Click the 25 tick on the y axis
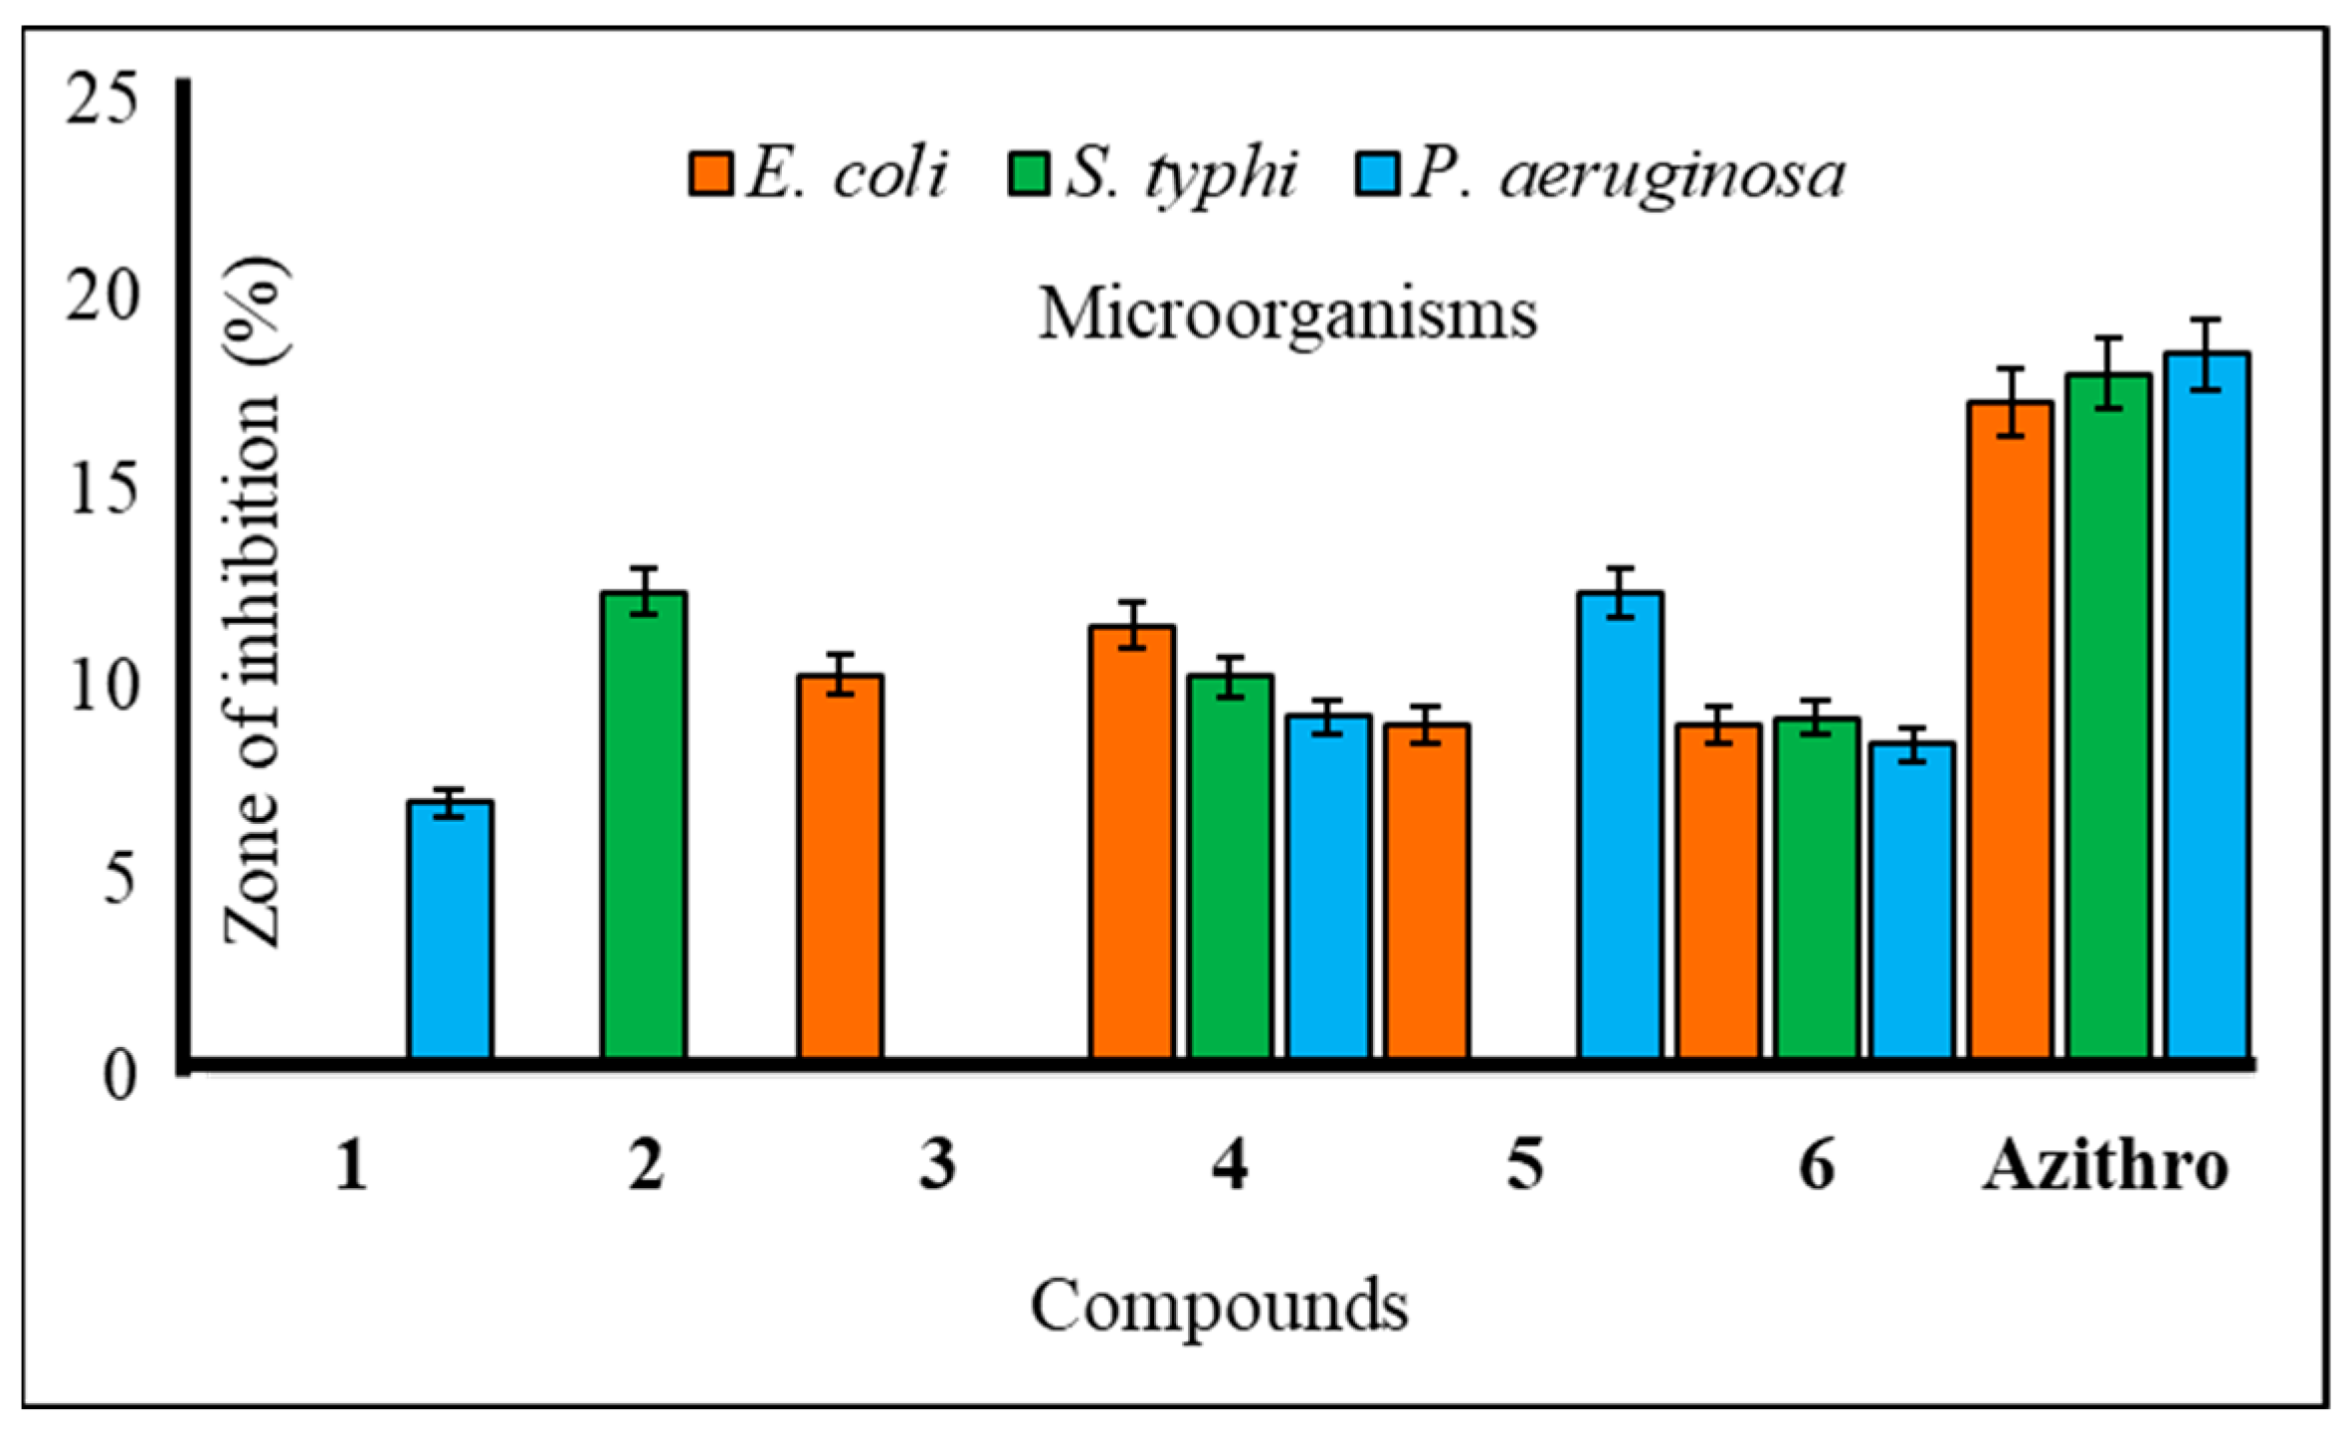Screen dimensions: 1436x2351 [99, 103]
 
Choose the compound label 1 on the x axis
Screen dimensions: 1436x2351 [351, 1166]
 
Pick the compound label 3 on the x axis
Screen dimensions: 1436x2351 [937, 1166]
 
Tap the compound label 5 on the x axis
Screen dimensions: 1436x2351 [1524, 1166]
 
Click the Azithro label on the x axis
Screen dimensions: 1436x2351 [2105, 1166]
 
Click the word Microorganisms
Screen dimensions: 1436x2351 [1287, 316]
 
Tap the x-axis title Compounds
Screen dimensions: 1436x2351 [1219, 1306]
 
